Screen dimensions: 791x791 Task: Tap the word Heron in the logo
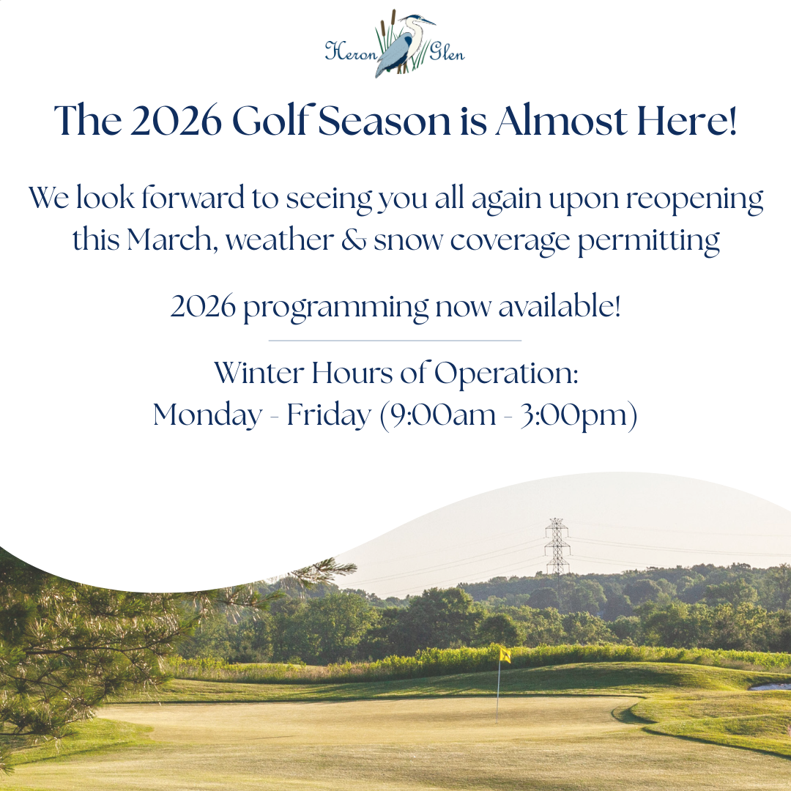click(x=351, y=51)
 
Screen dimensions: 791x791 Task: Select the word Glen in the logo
click(x=447, y=51)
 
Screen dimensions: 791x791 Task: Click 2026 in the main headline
click(x=176, y=121)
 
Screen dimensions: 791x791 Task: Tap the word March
click(x=169, y=239)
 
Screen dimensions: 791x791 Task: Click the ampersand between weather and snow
click(x=354, y=239)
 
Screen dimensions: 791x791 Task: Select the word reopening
click(x=694, y=199)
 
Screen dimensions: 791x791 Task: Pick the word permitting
click(x=648, y=241)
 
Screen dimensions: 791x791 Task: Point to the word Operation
click(x=506, y=374)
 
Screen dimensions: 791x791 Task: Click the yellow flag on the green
click(x=505, y=655)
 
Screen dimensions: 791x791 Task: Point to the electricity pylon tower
click(x=557, y=546)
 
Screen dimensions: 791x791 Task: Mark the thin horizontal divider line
click(x=395, y=341)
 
